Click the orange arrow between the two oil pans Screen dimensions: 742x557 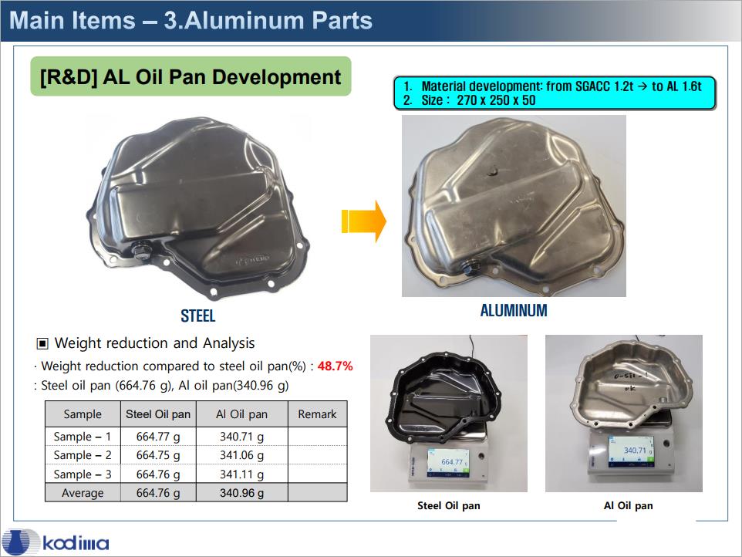click(x=363, y=221)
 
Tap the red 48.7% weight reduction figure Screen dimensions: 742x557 click(x=335, y=366)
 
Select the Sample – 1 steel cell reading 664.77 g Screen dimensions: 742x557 click(x=158, y=437)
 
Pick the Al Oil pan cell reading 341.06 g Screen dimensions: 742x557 click(x=242, y=455)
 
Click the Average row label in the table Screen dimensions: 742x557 click(x=83, y=493)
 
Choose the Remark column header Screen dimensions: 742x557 click(x=317, y=414)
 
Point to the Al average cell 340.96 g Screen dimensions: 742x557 click(x=242, y=493)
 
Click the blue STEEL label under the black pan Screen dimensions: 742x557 click(x=197, y=316)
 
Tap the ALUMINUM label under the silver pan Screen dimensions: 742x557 click(x=514, y=310)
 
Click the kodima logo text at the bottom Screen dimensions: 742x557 click(x=76, y=543)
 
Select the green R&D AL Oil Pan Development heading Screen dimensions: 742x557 click(x=191, y=76)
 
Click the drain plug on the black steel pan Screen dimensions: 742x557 click(x=140, y=251)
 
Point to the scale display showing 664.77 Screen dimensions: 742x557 click(x=447, y=461)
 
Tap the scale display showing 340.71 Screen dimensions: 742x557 click(x=631, y=450)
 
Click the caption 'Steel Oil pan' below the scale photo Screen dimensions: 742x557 click(x=449, y=505)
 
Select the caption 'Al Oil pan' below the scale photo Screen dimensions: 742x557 click(x=628, y=505)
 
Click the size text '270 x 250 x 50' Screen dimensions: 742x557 click(x=496, y=100)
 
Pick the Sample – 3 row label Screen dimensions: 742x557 click(x=83, y=474)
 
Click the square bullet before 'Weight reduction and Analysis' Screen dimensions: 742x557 click(x=42, y=343)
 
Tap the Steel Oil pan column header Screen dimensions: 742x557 click(x=158, y=414)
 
